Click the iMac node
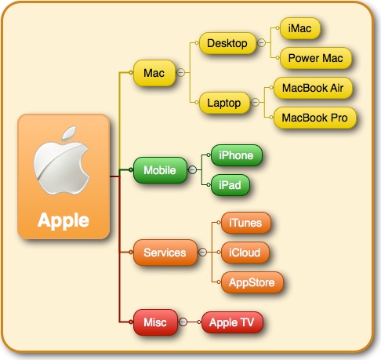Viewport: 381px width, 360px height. (x=300, y=28)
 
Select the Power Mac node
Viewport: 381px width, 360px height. (x=316, y=58)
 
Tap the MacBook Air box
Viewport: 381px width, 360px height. (x=313, y=88)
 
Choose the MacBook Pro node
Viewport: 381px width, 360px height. (x=314, y=118)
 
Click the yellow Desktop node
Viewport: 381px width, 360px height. (x=227, y=43)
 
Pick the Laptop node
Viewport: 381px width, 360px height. (x=224, y=103)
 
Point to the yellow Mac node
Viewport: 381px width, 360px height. (x=154, y=73)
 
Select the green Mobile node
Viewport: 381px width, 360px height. (x=160, y=170)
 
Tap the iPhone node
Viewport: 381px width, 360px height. (x=236, y=155)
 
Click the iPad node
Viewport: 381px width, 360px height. (x=230, y=185)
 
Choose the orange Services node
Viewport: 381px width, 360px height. (x=165, y=253)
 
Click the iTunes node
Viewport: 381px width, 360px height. (x=245, y=223)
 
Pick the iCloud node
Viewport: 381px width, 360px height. (x=245, y=253)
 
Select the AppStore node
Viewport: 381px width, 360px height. (x=252, y=282)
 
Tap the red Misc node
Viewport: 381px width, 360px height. (x=155, y=322)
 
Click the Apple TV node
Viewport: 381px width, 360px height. (x=232, y=322)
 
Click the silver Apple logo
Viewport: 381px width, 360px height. (x=62, y=161)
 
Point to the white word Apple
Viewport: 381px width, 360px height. (x=63, y=221)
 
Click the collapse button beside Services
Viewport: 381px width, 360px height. (x=202, y=253)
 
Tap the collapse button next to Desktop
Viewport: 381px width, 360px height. (x=261, y=42)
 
